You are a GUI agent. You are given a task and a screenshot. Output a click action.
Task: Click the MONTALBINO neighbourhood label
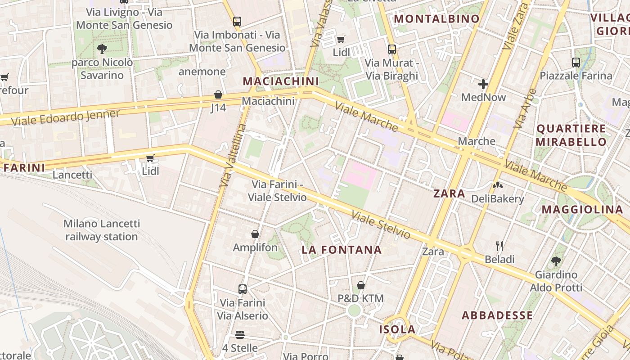(x=436, y=19)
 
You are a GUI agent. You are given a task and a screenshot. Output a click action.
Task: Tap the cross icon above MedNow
(x=483, y=84)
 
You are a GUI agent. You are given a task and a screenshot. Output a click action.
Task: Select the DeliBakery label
(x=497, y=199)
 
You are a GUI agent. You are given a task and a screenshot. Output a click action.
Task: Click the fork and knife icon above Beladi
(x=499, y=246)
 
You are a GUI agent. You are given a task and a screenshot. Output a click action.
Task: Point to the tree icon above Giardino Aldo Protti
(x=556, y=261)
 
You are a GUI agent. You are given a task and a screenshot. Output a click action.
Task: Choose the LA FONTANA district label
(x=342, y=250)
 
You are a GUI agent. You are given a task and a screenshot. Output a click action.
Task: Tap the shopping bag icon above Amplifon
(x=255, y=234)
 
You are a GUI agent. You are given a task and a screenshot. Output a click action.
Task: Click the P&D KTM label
(x=360, y=298)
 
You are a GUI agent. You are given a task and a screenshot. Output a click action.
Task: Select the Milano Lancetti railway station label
(x=101, y=230)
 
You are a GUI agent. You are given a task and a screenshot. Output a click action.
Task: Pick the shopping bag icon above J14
(x=218, y=94)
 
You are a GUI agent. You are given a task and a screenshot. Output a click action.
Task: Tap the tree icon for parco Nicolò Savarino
(x=102, y=49)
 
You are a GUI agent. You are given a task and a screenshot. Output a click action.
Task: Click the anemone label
(x=202, y=72)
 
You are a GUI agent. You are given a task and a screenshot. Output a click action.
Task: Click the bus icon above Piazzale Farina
(x=576, y=63)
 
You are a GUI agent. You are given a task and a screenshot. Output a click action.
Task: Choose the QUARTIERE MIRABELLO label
(x=571, y=135)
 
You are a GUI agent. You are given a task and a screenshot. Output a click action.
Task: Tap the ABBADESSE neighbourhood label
(x=497, y=315)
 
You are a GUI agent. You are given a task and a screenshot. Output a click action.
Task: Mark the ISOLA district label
(x=397, y=329)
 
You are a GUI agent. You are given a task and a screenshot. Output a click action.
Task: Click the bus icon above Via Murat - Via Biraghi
(x=392, y=49)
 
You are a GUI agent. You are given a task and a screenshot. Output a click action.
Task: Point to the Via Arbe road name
(x=525, y=108)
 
